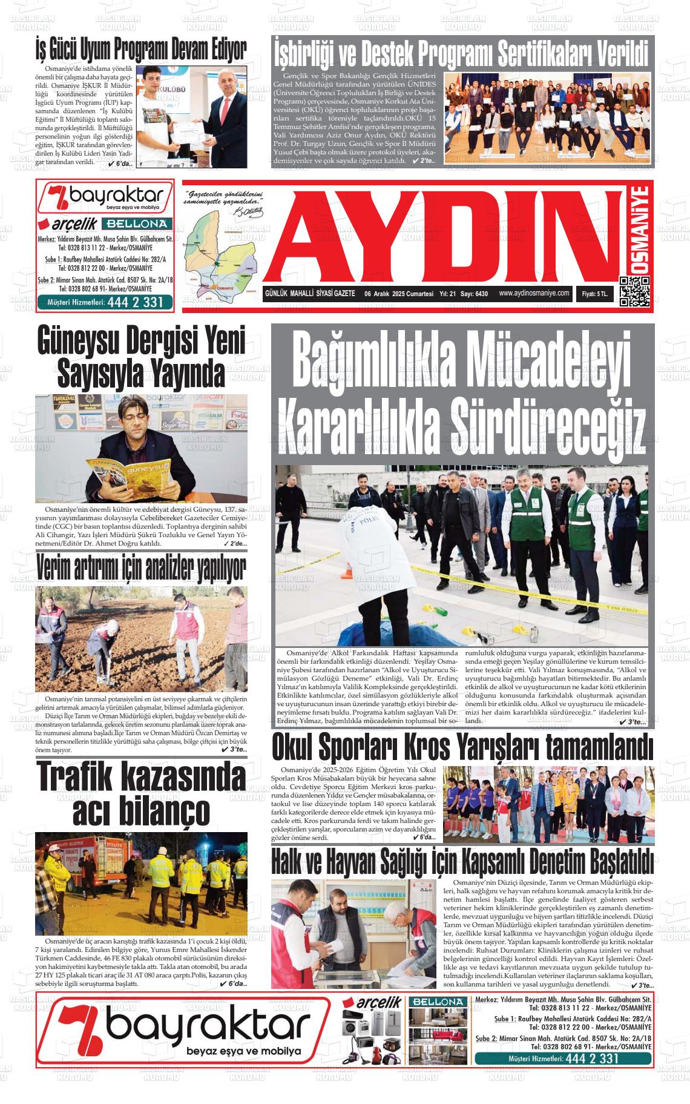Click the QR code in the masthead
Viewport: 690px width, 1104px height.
pos(634,292)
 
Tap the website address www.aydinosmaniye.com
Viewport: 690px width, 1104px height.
pos(534,293)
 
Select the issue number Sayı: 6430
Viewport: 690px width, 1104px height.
pos(475,294)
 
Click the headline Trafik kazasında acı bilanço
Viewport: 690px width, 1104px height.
pos(141,794)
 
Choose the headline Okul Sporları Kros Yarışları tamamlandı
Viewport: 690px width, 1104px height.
pos(462,747)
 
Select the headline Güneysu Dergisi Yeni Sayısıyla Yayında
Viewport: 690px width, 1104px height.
pos(141,356)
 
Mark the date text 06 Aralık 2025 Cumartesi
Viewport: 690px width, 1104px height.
pos(399,294)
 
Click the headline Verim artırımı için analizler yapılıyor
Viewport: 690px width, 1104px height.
pos(141,567)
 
